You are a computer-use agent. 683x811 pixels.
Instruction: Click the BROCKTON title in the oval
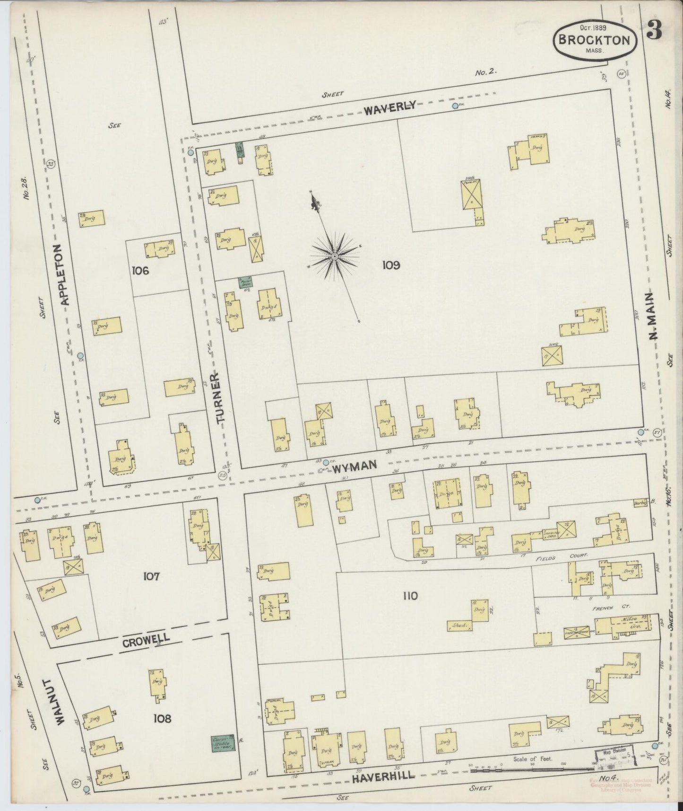click(594, 40)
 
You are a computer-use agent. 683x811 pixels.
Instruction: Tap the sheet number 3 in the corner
click(654, 33)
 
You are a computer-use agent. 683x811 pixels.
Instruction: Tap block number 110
click(410, 596)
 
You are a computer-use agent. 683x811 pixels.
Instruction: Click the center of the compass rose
click(334, 256)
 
